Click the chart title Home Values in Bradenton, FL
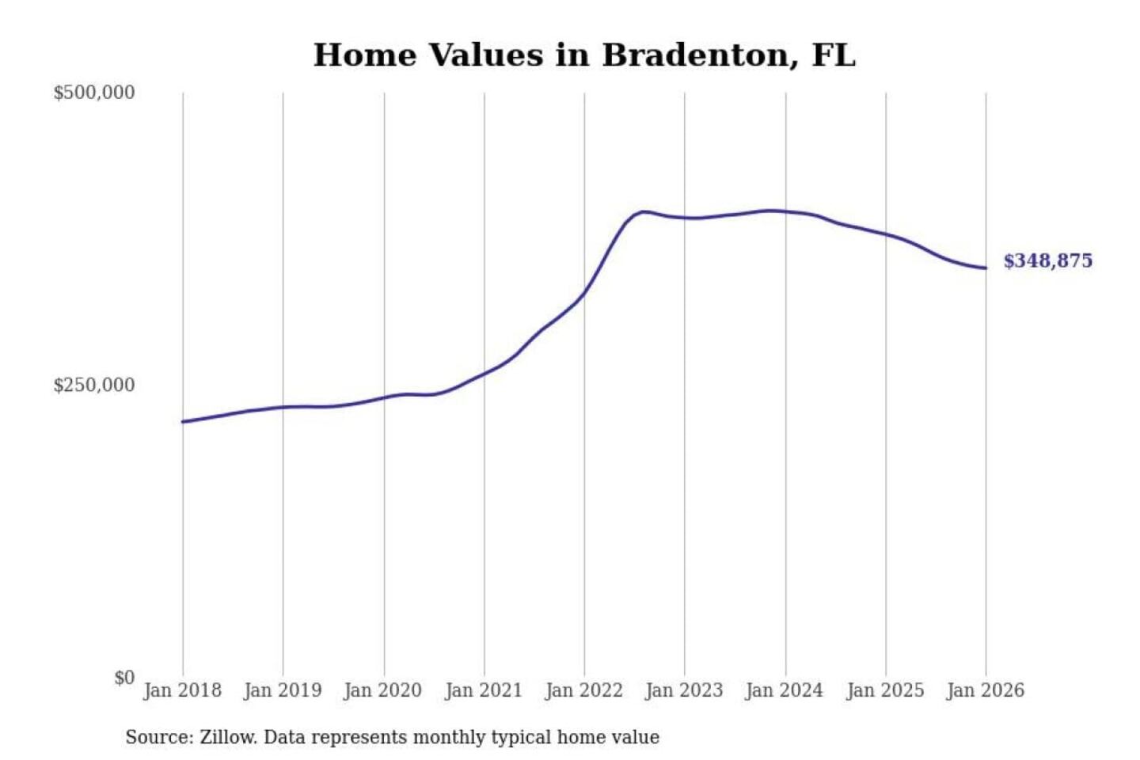pyautogui.click(x=584, y=55)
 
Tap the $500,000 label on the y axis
pyautogui.click(x=93, y=93)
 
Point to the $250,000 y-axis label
pyautogui.click(x=93, y=386)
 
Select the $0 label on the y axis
pyautogui.click(x=123, y=678)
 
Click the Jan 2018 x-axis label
pyautogui.click(x=182, y=690)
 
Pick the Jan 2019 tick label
pyautogui.click(x=283, y=690)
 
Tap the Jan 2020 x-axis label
pyautogui.click(x=383, y=690)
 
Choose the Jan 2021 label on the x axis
pyautogui.click(x=484, y=690)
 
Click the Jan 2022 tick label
pyautogui.click(x=584, y=690)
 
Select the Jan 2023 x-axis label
pyautogui.click(x=684, y=690)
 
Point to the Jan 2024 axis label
pyautogui.click(x=785, y=690)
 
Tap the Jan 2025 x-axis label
pyautogui.click(x=885, y=690)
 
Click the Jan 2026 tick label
pyautogui.click(x=986, y=690)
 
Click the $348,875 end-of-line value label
pyautogui.click(x=1047, y=261)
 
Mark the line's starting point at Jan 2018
pyautogui.click(x=183, y=421)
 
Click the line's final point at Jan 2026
pyautogui.click(x=986, y=268)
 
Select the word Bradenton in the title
pyautogui.click(x=700, y=55)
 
